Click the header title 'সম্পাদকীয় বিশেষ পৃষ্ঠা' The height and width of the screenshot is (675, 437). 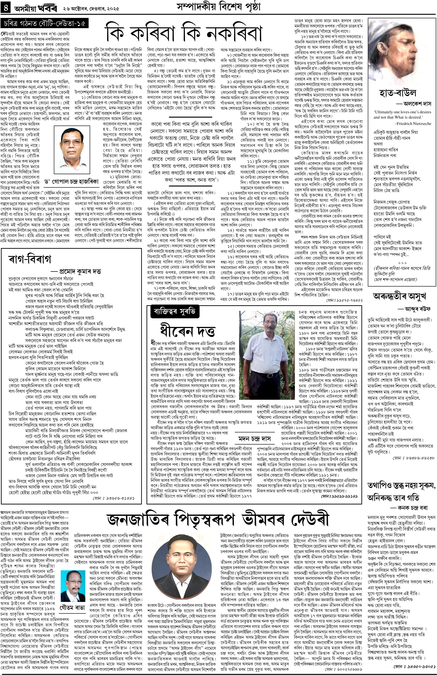point(217,7)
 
